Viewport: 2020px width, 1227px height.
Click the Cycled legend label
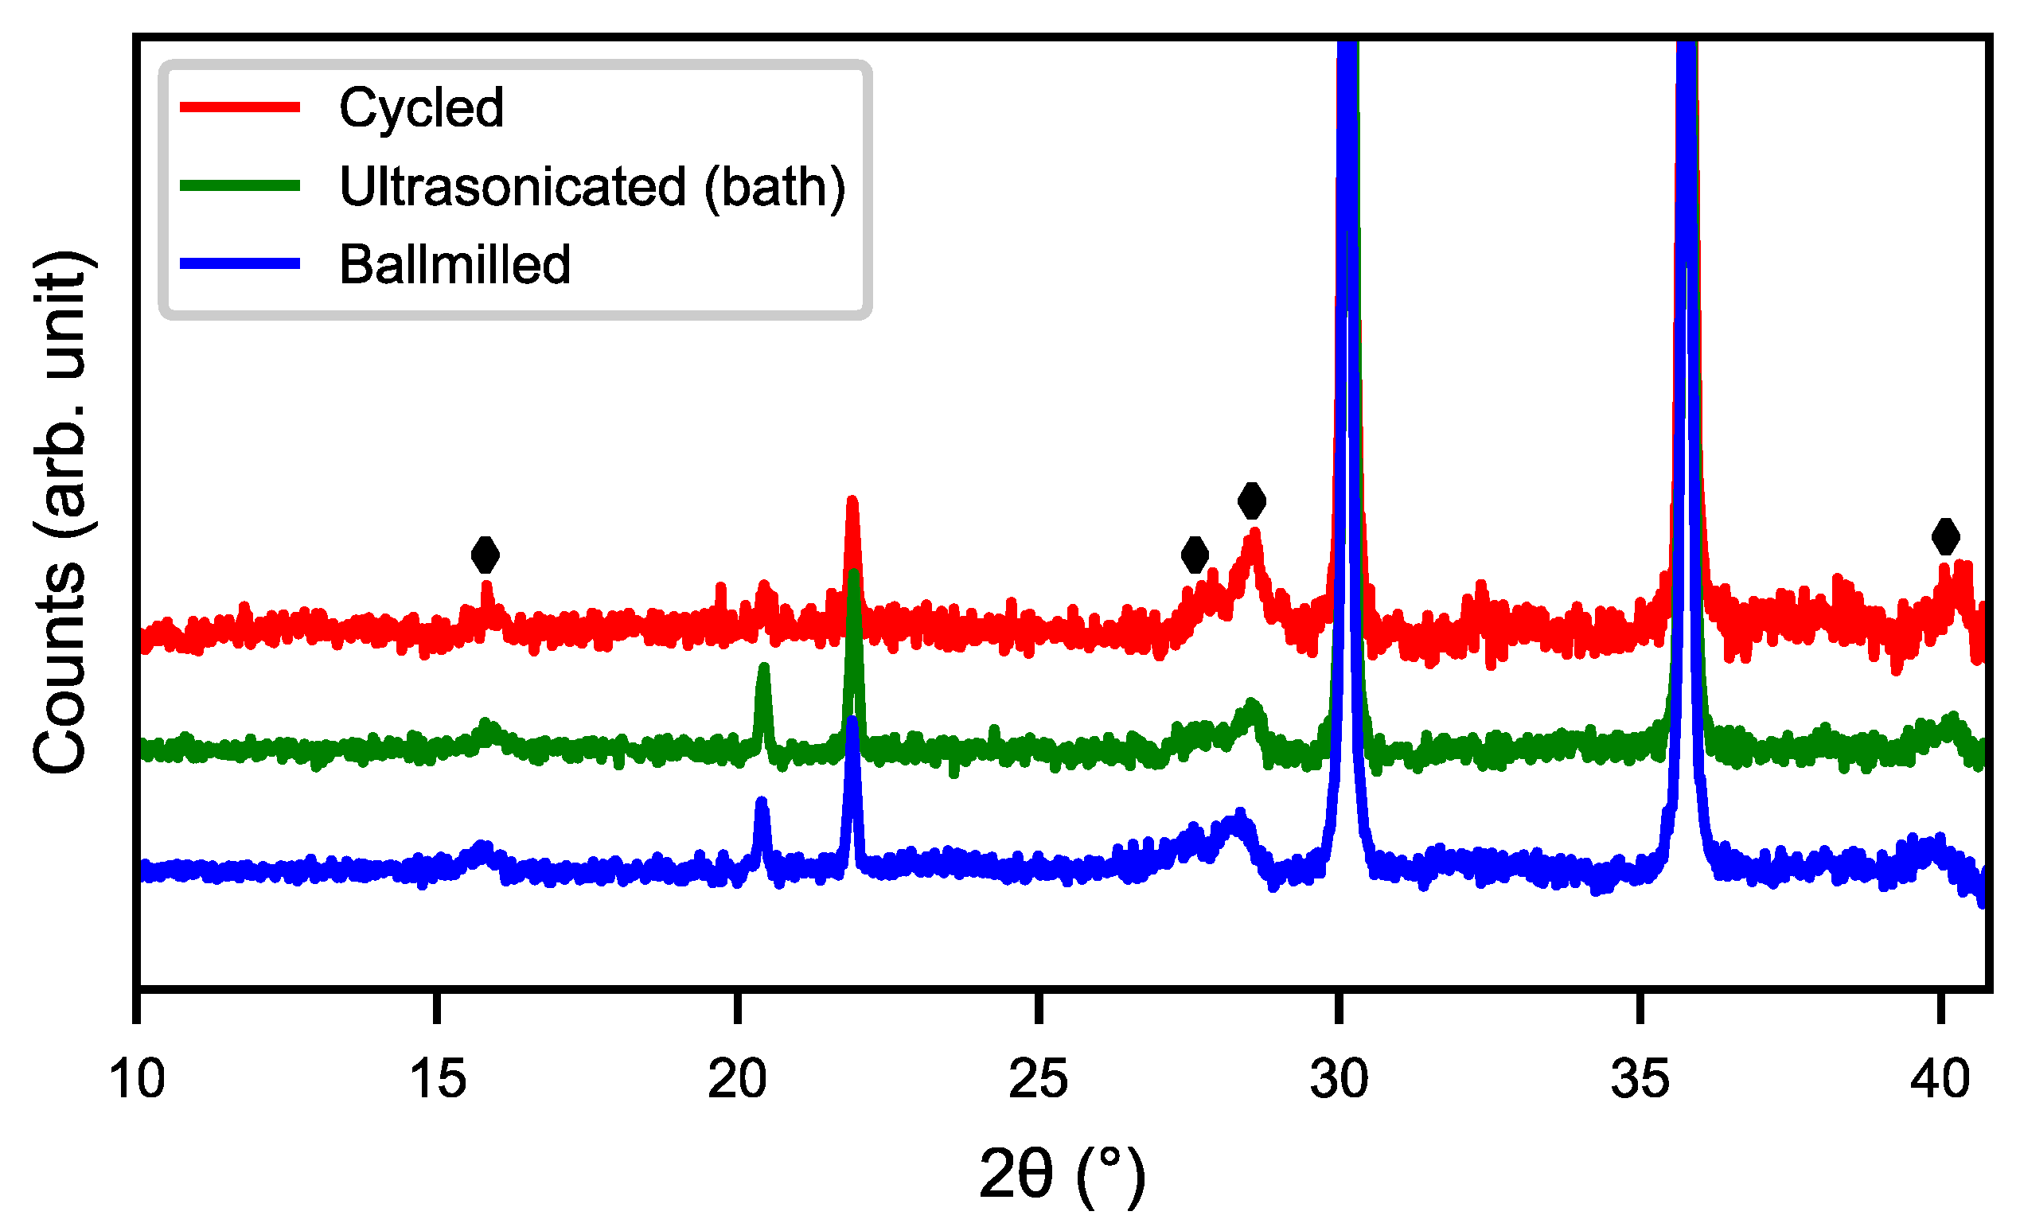coord(421,108)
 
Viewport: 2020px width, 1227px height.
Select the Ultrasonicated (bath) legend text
coord(592,187)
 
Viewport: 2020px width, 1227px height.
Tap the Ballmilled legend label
coord(454,265)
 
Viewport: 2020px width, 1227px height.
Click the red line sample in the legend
coord(240,107)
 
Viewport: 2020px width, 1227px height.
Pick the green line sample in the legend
coord(240,186)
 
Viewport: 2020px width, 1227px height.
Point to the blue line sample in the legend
coord(240,264)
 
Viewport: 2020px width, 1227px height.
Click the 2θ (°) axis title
coord(1063,1175)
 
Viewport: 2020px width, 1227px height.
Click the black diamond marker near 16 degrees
coord(486,555)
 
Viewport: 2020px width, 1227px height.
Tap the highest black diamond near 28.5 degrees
coord(1251,501)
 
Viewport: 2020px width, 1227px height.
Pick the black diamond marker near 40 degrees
coord(1945,537)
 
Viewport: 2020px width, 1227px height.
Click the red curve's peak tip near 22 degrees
coord(852,501)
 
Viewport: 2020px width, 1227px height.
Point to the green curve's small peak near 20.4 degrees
coord(763,668)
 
